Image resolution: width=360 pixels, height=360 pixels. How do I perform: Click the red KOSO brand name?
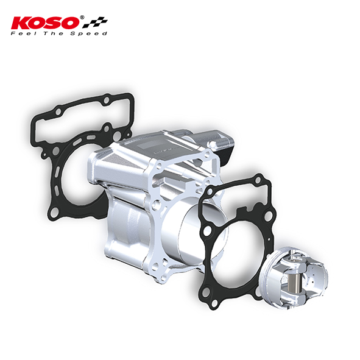(x=45, y=23)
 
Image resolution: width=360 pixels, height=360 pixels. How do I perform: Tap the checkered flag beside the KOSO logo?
(x=95, y=23)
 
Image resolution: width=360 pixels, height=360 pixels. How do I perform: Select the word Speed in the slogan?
(x=88, y=34)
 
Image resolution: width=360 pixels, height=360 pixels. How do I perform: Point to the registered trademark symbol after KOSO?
(x=82, y=18)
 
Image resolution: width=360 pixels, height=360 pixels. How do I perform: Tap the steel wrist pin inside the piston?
(x=294, y=283)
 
